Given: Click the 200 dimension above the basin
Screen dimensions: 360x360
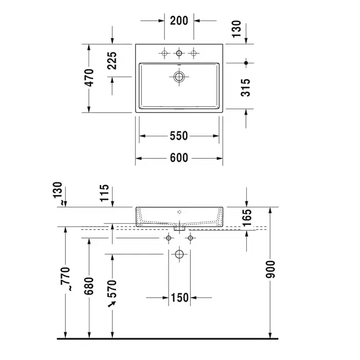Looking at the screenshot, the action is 179,21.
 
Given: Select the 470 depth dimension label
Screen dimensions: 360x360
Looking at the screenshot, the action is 89,78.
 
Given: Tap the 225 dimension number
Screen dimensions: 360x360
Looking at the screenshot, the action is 112,61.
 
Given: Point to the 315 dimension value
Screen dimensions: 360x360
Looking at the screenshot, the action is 245,87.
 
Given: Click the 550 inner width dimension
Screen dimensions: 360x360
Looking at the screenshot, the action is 179,136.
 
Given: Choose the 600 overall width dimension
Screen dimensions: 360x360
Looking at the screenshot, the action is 179,158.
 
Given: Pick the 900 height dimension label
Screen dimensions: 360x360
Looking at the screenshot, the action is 270,269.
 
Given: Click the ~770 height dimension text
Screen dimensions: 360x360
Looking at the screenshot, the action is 66,279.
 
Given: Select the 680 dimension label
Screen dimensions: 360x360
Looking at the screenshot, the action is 89,286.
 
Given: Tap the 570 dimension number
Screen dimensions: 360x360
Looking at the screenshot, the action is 112,289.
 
